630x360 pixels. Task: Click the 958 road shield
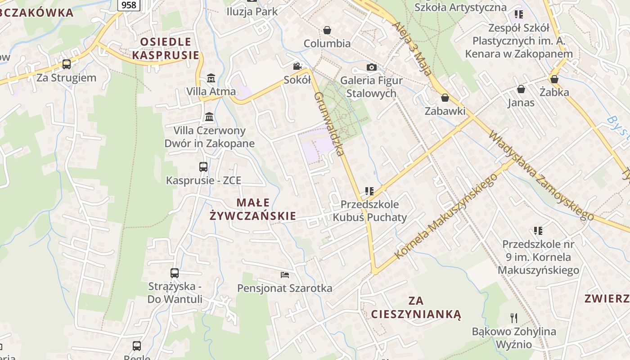pyautogui.click(x=129, y=5)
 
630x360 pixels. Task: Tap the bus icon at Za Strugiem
pyautogui.click(x=67, y=64)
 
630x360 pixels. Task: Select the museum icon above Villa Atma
pyautogui.click(x=211, y=78)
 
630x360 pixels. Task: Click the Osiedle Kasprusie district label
pyautogui.click(x=166, y=49)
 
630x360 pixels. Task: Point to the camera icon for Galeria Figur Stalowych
pyautogui.click(x=371, y=67)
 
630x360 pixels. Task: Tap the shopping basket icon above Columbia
pyautogui.click(x=327, y=30)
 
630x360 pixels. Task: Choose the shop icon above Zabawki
pyautogui.click(x=445, y=98)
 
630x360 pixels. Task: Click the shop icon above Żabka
pyautogui.click(x=554, y=79)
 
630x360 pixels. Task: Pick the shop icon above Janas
pyautogui.click(x=521, y=89)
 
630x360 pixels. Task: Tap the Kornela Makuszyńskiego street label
pyautogui.click(x=446, y=216)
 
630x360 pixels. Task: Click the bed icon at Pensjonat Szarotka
pyautogui.click(x=284, y=274)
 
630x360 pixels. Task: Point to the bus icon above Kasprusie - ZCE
pyautogui.click(x=203, y=167)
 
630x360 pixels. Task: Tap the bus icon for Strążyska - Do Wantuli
pyautogui.click(x=175, y=273)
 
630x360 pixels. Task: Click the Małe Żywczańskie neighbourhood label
pyautogui.click(x=253, y=209)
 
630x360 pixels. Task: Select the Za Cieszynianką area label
pyautogui.click(x=416, y=307)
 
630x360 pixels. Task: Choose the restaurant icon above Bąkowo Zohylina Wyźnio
pyautogui.click(x=514, y=318)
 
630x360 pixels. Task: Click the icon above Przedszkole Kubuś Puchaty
pyautogui.click(x=369, y=191)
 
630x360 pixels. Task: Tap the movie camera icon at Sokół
pyautogui.click(x=297, y=67)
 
